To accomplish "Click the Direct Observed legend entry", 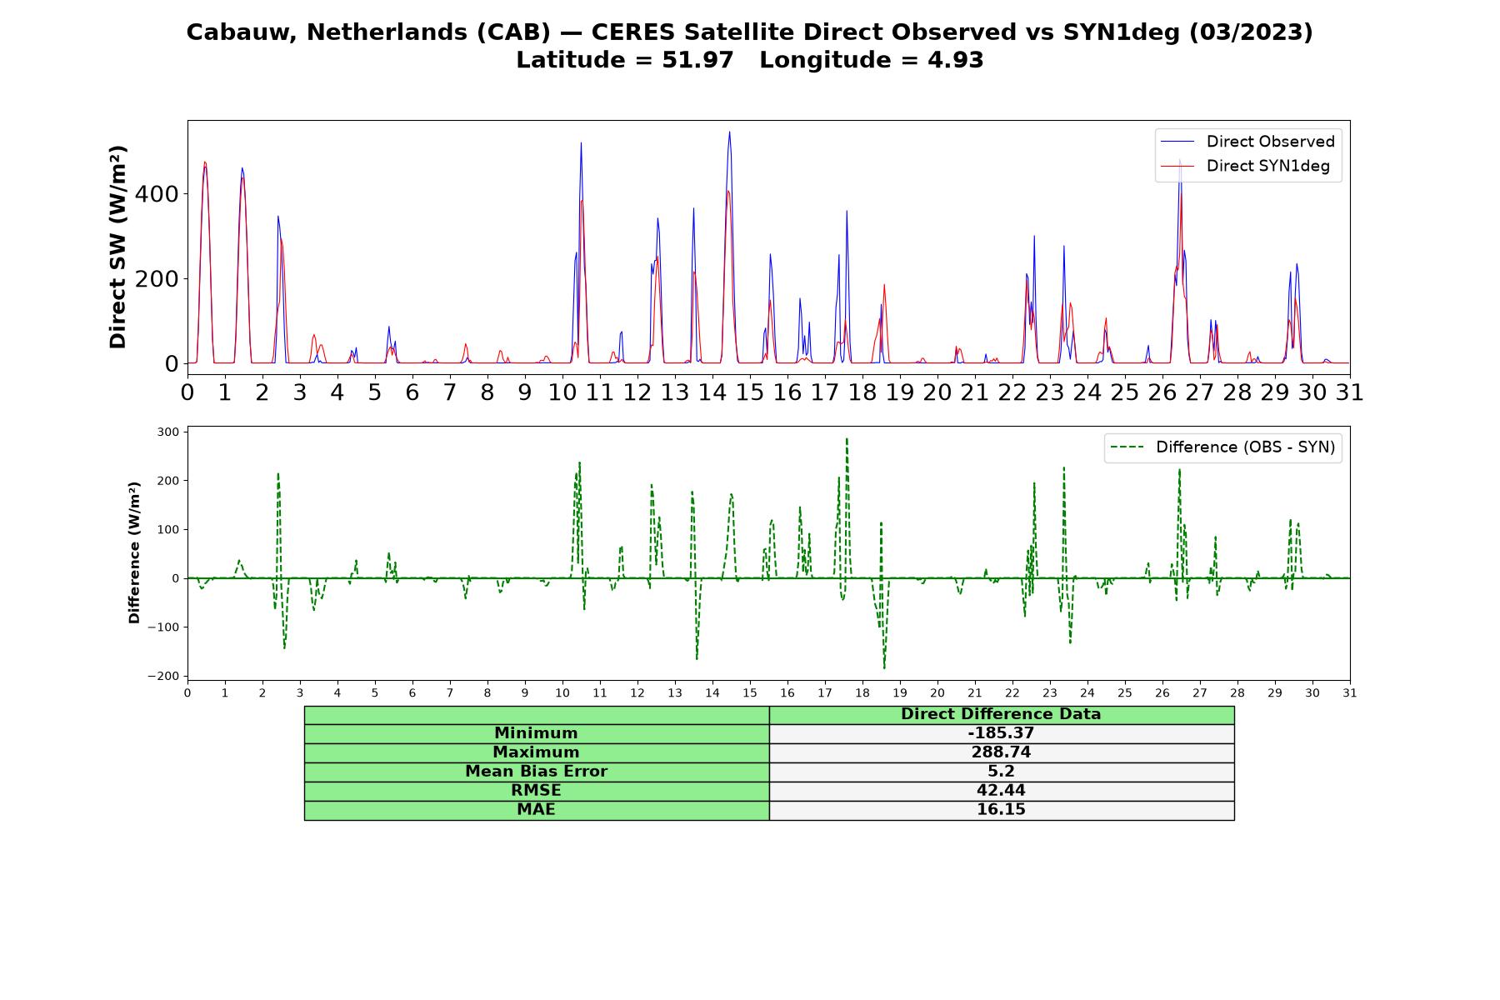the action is (1247, 142).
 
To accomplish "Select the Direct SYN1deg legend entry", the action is (1245, 166).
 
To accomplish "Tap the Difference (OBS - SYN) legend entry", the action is (1222, 447).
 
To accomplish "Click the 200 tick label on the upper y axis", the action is (157, 279).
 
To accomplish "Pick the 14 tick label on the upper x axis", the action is (712, 392).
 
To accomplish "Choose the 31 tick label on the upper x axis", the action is (1349, 392).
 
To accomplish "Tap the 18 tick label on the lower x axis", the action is (862, 692).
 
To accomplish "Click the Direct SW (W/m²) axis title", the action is (118, 247).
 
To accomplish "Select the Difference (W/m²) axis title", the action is (134, 553).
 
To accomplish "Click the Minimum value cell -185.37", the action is (1001, 733).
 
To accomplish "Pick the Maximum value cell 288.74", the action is (1001, 752).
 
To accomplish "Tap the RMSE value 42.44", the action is (1001, 791).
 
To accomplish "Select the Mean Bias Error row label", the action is (536, 772).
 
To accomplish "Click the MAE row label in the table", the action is (536, 810).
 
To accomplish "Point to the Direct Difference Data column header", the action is (1001, 714).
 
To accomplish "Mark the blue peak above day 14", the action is (729, 132).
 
